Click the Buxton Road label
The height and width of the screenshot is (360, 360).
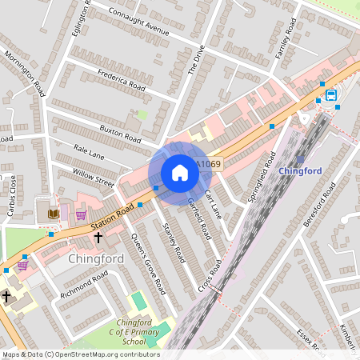(x=120, y=133)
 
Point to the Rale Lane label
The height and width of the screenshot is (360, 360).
(x=88, y=151)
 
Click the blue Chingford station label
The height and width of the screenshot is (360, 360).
(x=300, y=171)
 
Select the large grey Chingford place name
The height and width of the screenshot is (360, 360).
(x=96, y=259)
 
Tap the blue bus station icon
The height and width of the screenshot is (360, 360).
(x=331, y=95)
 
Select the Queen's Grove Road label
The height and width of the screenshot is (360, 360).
(x=144, y=265)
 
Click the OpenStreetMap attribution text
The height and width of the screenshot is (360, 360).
(x=80, y=354)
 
